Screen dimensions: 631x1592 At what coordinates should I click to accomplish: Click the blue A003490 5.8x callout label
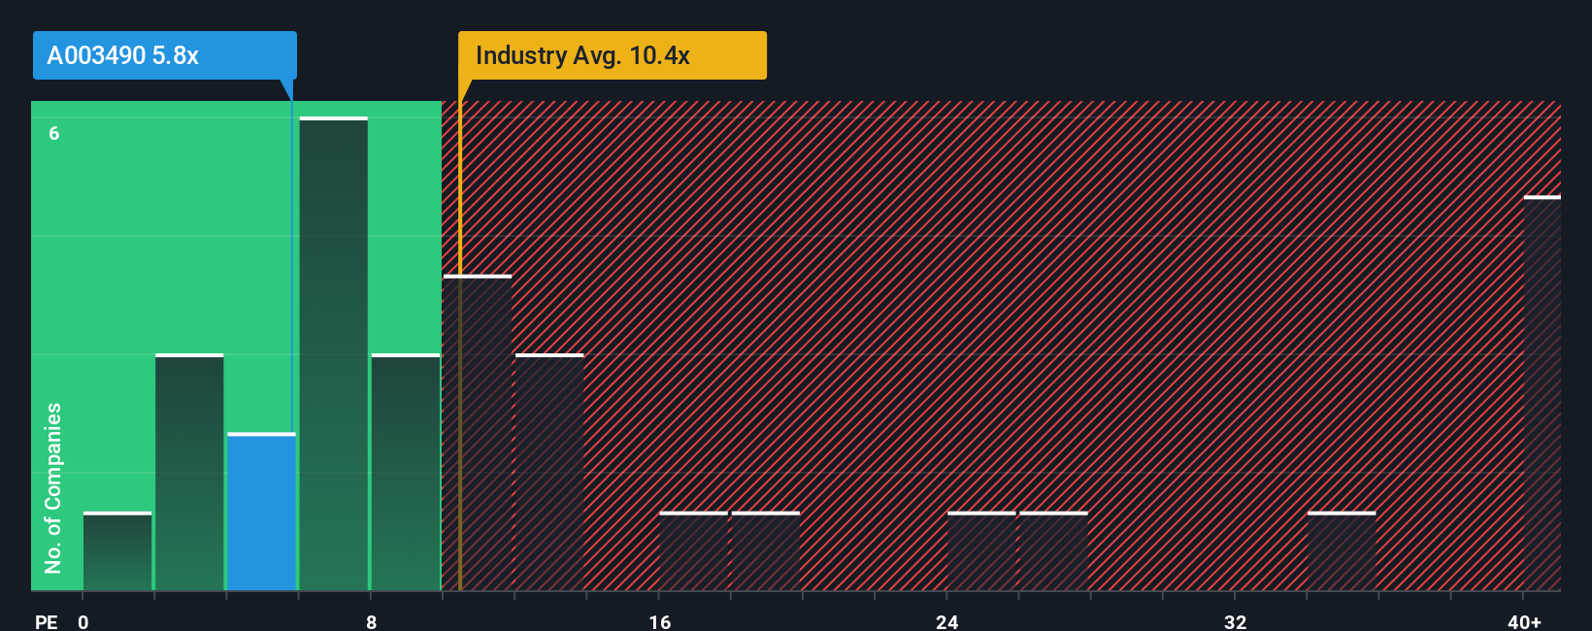click(x=164, y=55)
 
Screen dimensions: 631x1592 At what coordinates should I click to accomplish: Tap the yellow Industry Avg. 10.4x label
click(x=612, y=55)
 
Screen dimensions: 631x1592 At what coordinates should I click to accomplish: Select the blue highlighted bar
click(x=261, y=512)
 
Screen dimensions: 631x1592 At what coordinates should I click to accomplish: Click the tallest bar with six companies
click(x=333, y=354)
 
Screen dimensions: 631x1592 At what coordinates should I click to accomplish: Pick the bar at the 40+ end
click(x=1542, y=393)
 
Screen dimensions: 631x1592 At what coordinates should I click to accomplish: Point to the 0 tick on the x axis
click(x=83, y=621)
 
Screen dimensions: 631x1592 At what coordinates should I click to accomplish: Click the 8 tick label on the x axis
click(x=371, y=621)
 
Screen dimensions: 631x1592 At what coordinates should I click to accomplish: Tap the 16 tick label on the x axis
click(x=659, y=621)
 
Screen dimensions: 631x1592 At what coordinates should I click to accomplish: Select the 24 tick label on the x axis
click(x=946, y=621)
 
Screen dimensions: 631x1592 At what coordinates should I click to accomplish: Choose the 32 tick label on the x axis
click(x=1235, y=621)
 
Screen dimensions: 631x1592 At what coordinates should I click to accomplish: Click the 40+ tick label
click(x=1524, y=621)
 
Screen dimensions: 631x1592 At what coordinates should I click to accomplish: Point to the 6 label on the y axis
click(x=54, y=133)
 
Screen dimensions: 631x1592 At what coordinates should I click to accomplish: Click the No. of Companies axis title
click(x=53, y=487)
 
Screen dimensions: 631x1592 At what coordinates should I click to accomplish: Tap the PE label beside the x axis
click(x=46, y=621)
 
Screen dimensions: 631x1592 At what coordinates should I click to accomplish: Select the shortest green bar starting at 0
click(x=117, y=551)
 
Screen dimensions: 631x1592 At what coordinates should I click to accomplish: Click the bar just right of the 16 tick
click(x=693, y=551)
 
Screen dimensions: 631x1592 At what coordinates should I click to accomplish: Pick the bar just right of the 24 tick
click(x=981, y=551)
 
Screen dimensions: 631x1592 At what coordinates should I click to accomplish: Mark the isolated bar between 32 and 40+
click(x=1342, y=551)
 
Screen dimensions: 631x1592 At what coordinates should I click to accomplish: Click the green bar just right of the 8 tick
click(x=406, y=473)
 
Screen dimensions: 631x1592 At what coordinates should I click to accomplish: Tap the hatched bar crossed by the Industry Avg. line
click(x=477, y=433)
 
